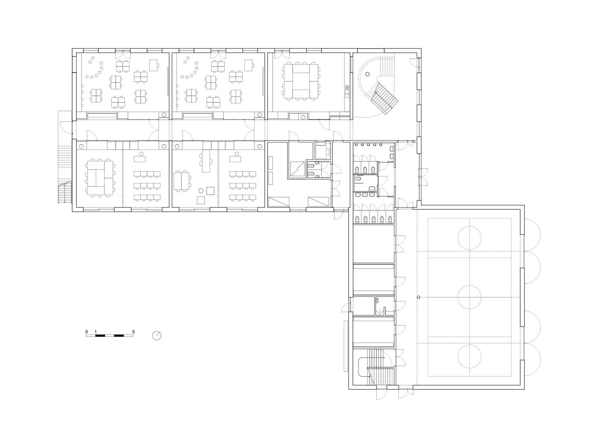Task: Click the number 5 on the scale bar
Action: coord(133,332)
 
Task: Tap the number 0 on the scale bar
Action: coord(86,332)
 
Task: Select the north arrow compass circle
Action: coord(157,336)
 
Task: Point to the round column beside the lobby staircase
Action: coord(368,74)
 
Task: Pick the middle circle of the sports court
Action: coord(469,297)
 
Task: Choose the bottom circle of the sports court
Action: coord(469,356)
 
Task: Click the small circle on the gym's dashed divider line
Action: coord(418,297)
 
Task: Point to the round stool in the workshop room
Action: coord(201,191)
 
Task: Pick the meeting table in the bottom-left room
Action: coord(100,178)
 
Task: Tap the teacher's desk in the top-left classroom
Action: coord(154,65)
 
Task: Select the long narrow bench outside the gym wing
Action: coord(346,346)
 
